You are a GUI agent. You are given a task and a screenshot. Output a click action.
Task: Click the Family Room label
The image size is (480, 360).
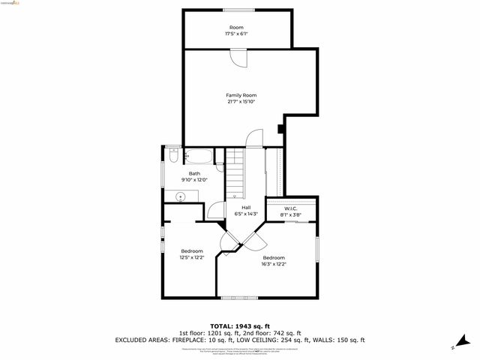coord(241,95)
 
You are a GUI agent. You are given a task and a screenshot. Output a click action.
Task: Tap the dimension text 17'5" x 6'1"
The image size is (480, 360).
coord(236,34)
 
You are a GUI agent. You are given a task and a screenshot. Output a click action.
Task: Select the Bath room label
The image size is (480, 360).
coord(194,174)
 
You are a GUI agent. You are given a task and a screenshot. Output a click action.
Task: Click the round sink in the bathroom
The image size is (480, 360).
coord(180,197)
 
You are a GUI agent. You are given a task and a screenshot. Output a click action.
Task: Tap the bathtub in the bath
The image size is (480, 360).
coord(199,157)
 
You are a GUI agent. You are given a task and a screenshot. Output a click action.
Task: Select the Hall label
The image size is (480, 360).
coord(246,208)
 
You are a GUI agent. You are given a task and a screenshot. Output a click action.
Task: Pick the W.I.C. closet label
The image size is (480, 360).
coord(291,208)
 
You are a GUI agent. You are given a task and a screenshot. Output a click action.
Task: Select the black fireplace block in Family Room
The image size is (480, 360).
coord(280,127)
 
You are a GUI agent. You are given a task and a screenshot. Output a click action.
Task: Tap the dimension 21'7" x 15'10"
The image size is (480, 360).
coord(241,101)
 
